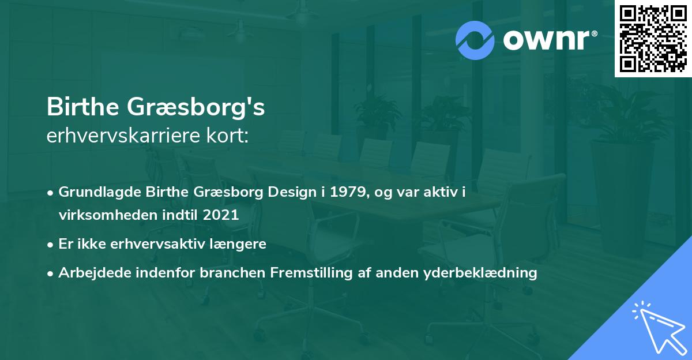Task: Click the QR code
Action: (653, 39)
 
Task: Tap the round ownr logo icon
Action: (475, 40)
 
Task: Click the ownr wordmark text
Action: (550, 40)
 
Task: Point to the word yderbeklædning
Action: (480, 273)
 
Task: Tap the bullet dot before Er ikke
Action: (51, 245)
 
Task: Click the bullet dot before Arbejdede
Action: (51, 273)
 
